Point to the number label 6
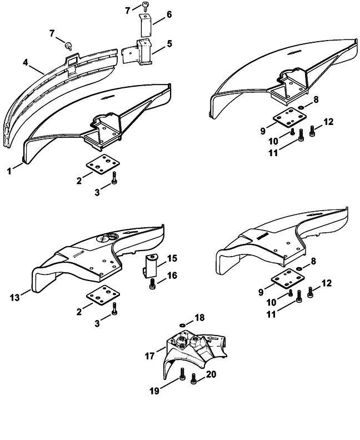pyautogui.click(x=169, y=14)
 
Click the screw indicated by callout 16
pyautogui.click(x=153, y=284)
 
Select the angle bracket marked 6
pyautogui.click(x=146, y=27)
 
